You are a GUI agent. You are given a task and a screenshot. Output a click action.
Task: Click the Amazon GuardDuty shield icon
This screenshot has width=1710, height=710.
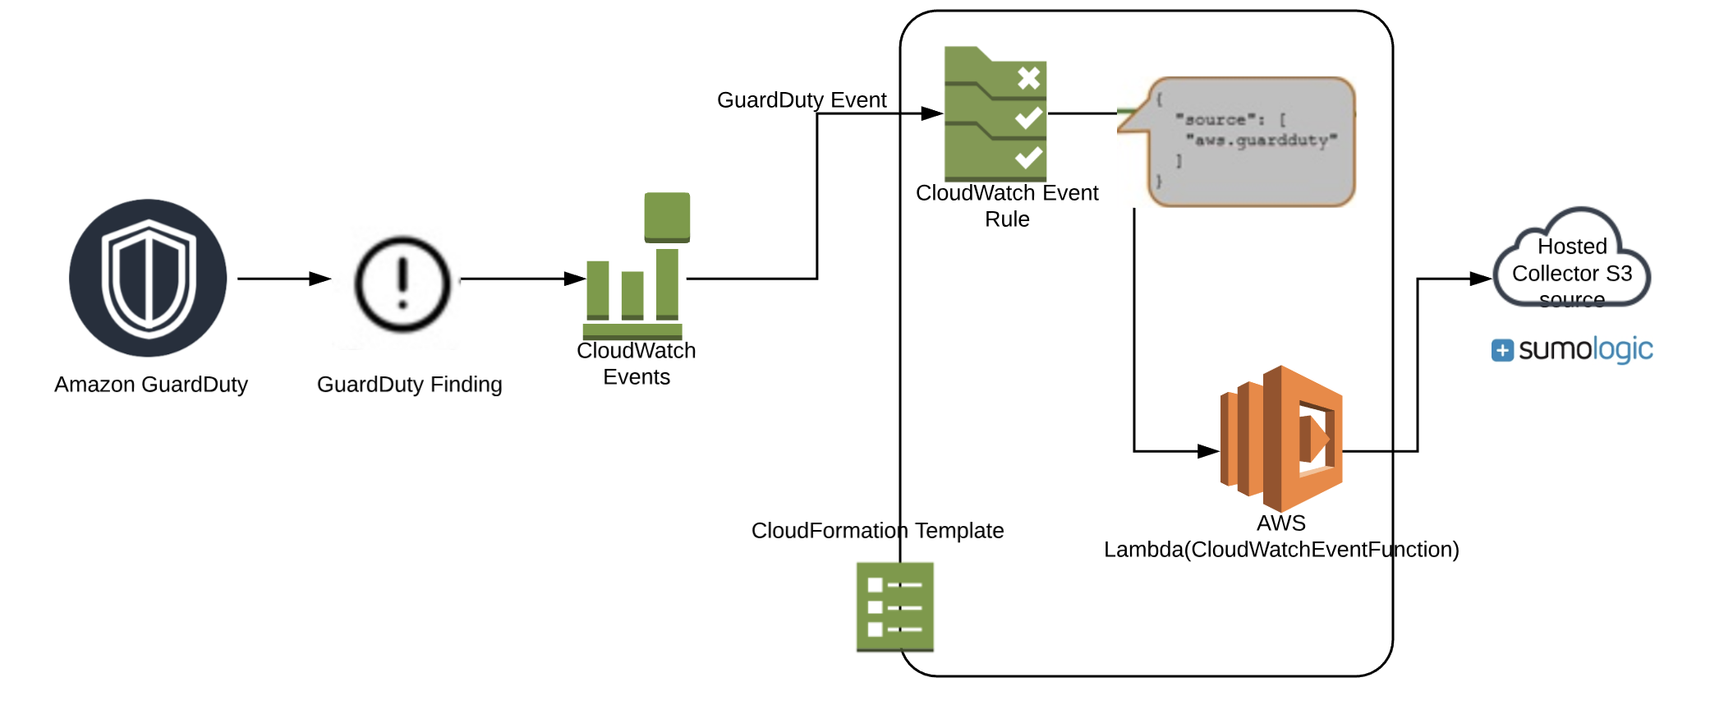148,279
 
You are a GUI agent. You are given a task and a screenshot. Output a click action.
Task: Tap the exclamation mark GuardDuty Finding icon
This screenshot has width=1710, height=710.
402,284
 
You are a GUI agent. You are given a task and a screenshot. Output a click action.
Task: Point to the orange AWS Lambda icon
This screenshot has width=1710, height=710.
1281,439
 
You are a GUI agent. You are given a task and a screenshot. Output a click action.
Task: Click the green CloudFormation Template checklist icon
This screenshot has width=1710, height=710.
894,606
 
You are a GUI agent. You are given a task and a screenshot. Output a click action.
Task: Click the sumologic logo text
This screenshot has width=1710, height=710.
1585,349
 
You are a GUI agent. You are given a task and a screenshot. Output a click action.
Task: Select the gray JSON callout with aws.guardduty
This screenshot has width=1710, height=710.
1248,141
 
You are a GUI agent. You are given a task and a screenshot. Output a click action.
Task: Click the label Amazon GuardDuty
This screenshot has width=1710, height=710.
151,385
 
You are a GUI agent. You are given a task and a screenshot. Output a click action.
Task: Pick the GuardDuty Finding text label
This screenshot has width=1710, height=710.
409,385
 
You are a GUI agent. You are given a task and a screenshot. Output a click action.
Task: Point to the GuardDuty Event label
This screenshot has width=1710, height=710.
802,100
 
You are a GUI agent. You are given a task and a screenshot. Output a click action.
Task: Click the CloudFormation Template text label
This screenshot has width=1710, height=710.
877,531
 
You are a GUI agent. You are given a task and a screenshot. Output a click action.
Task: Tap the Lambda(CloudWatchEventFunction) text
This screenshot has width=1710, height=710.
1281,550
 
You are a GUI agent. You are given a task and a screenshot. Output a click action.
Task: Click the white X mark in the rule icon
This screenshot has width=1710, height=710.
1028,78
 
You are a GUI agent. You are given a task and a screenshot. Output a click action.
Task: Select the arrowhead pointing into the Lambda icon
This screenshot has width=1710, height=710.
1208,451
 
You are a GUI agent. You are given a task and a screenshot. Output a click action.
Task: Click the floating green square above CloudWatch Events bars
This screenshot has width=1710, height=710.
667,217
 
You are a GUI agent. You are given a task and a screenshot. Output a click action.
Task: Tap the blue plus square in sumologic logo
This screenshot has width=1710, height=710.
1502,351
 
